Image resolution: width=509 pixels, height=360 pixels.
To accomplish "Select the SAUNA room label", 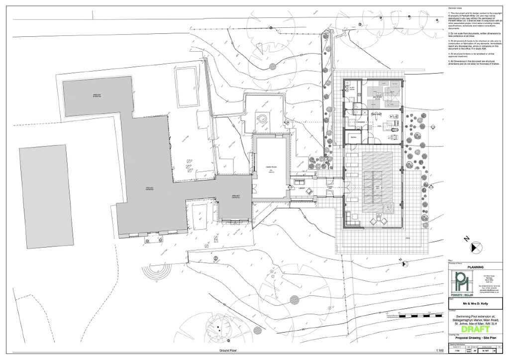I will [354, 136].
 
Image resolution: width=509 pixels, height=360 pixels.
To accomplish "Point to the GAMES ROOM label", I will [270, 168].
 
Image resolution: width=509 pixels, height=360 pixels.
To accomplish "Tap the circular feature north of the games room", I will [261, 119].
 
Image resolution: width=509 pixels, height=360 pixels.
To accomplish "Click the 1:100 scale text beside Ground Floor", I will [439, 351].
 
